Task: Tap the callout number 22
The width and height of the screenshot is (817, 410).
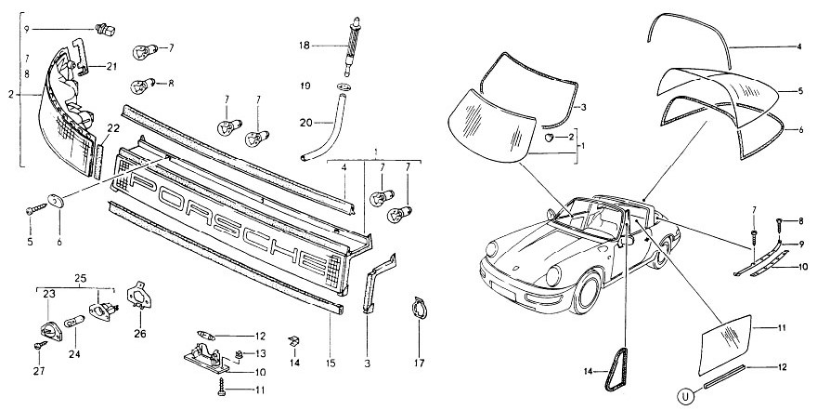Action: click(112, 127)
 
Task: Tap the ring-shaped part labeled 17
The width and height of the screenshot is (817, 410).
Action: click(419, 307)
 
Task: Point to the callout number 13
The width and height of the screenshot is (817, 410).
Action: click(260, 353)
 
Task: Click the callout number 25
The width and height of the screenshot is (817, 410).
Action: click(82, 278)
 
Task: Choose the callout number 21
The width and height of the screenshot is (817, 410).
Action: click(111, 65)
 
